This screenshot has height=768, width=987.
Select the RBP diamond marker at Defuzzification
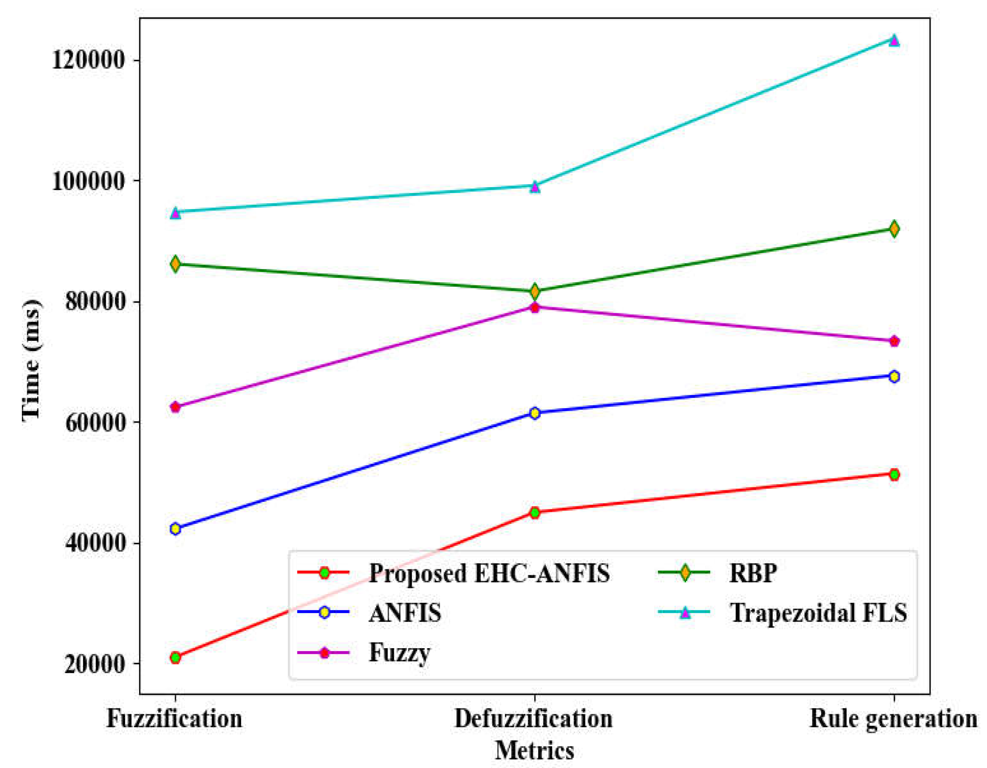coord(535,291)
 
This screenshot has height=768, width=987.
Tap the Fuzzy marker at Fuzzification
coord(176,407)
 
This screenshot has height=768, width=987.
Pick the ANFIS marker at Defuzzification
coord(535,413)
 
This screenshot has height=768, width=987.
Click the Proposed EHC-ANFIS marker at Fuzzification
coord(176,657)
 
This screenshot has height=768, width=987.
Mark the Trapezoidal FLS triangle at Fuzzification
coord(176,212)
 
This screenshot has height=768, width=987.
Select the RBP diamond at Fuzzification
coord(176,264)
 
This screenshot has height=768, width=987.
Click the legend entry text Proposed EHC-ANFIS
coord(489,573)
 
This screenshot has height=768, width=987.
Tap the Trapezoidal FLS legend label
coord(818,613)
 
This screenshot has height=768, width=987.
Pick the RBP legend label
coord(753,573)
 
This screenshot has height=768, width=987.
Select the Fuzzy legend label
coord(399,653)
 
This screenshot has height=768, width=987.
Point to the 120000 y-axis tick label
coord(88,59)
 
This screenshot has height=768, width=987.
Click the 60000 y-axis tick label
coord(95,422)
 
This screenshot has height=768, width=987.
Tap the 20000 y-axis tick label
coord(95,664)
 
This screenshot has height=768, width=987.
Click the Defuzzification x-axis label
coord(533,718)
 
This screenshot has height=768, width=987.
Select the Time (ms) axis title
coord(32,360)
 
